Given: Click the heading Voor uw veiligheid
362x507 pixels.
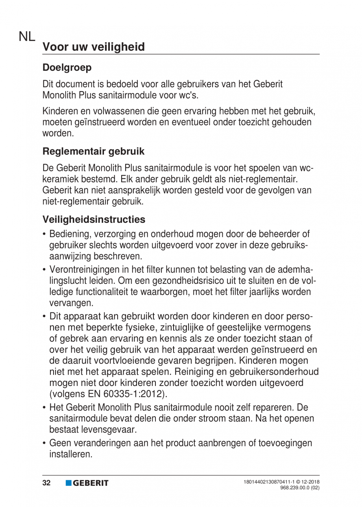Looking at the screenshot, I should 94,47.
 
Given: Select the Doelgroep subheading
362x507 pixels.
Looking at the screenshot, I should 67,67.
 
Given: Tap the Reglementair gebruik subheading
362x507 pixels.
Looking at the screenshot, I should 93,151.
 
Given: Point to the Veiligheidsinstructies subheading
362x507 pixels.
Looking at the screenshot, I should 94,219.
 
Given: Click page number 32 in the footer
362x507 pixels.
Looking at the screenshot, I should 47,483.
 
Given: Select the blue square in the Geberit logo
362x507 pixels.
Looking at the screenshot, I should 68,483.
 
